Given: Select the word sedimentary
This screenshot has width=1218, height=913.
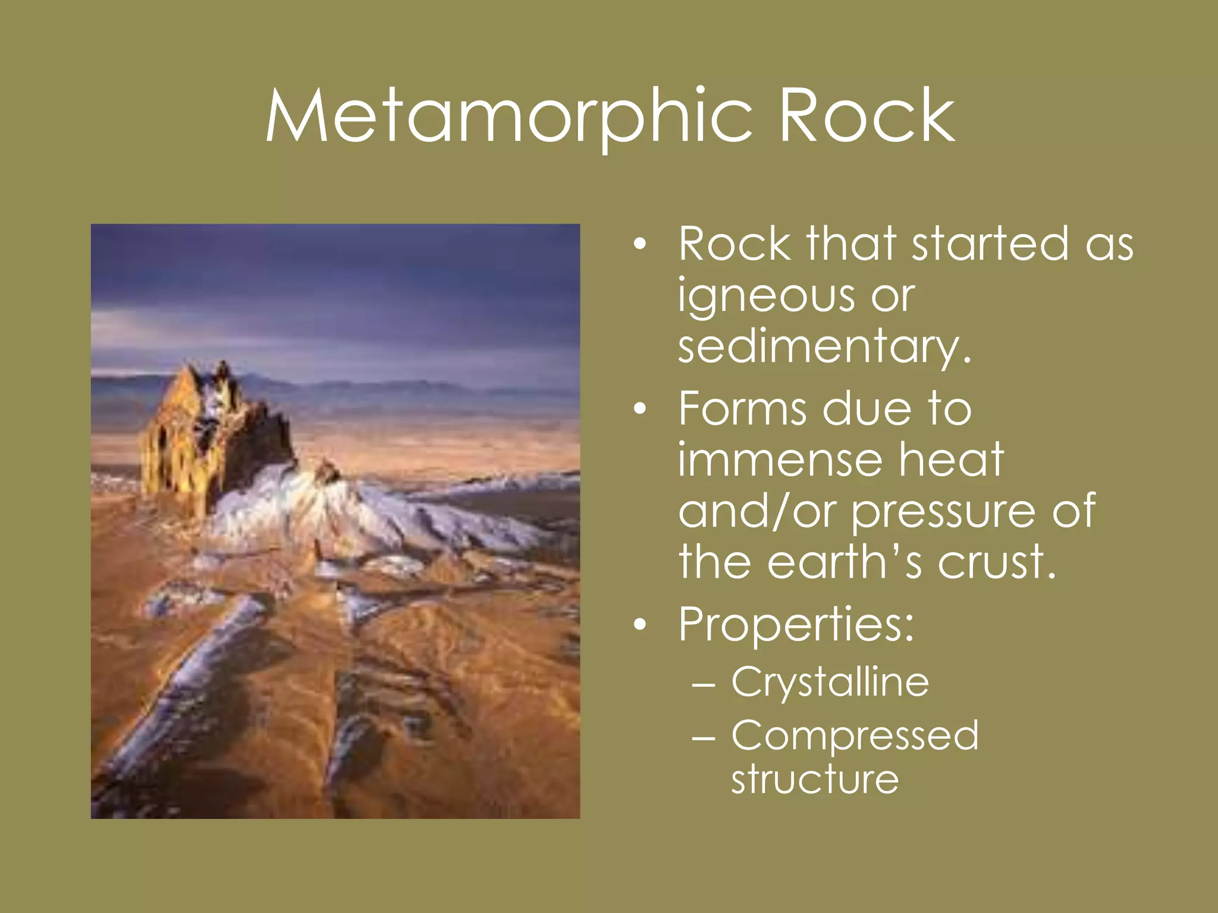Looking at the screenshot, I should tap(824, 347).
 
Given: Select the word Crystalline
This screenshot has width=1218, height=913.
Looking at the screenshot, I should tap(830, 682).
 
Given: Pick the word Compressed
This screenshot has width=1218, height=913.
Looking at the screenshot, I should tap(855, 735).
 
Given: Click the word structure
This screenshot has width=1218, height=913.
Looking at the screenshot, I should tap(815, 779).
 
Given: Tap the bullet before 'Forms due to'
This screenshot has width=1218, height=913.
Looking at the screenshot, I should tap(639, 410).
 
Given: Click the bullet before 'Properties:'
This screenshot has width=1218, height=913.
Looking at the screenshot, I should tap(639, 625).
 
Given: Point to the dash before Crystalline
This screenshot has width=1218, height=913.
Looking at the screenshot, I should tap(704, 684).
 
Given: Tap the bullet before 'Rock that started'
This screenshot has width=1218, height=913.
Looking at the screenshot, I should tap(639, 244).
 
